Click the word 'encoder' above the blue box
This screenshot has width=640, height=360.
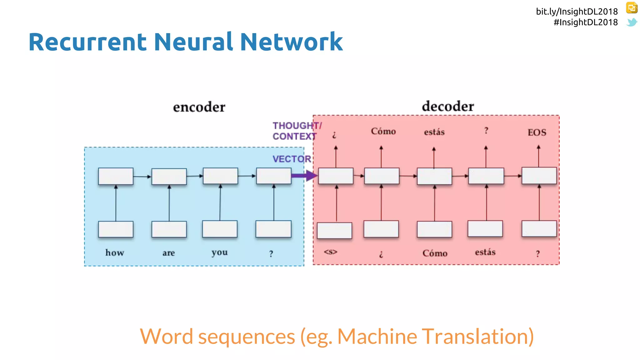pyautogui.click(x=199, y=107)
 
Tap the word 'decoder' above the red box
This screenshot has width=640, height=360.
pyautogui.click(x=448, y=107)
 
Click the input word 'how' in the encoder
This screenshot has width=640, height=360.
pyautogui.click(x=115, y=252)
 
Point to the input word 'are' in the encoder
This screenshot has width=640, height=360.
pyautogui.click(x=168, y=253)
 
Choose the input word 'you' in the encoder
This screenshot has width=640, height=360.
pyautogui.click(x=219, y=252)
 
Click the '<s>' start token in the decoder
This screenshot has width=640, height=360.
pyautogui.click(x=331, y=252)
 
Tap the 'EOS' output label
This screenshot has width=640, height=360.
pyautogui.click(x=537, y=132)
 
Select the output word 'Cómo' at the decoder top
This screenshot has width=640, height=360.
pyautogui.click(x=383, y=131)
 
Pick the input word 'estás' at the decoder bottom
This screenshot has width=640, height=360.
pyautogui.click(x=485, y=252)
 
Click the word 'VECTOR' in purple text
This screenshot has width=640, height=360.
pyautogui.click(x=292, y=159)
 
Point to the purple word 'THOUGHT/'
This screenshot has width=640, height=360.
pyautogui.click(x=297, y=126)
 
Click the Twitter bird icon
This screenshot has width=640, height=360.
pyautogui.click(x=632, y=22)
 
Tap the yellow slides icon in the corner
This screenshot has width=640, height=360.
pyautogui.click(x=632, y=8)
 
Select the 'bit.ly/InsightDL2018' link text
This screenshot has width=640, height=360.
pyautogui.click(x=577, y=12)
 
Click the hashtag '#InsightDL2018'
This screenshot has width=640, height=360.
pyautogui.click(x=586, y=22)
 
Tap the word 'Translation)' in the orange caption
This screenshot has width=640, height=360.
pyautogui.click(x=478, y=337)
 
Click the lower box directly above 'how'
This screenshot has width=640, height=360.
pyautogui.click(x=116, y=229)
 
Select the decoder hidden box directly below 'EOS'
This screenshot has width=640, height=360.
pyautogui.click(x=539, y=176)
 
